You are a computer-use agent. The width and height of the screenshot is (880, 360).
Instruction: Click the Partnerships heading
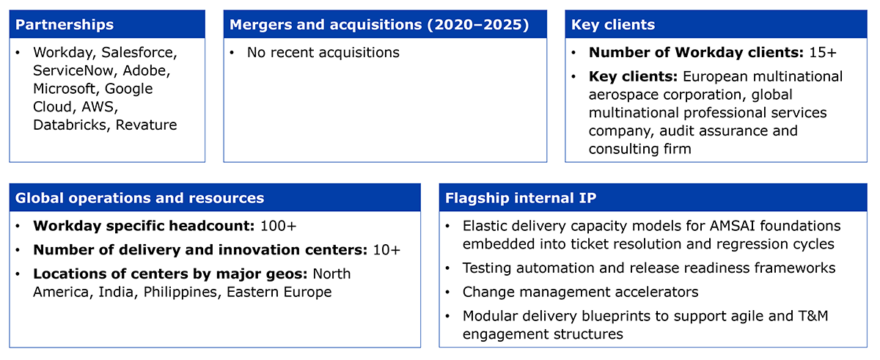pos(65,25)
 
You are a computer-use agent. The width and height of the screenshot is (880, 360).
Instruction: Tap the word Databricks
pos(70,125)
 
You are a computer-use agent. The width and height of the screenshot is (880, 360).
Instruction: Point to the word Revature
pos(146,125)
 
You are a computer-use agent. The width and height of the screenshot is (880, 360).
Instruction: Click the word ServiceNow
pos(73,70)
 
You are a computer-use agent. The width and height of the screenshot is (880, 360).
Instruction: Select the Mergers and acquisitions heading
pos(379,25)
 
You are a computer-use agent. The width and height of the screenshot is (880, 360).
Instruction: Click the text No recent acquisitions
pos(323,53)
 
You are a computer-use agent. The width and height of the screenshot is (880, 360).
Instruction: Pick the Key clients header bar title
pos(613,25)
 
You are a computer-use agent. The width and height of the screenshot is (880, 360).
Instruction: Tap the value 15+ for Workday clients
pos(823,53)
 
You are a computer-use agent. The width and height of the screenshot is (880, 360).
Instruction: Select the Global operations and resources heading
pos(139,198)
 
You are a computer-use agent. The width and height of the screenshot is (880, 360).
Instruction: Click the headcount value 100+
pos(278,226)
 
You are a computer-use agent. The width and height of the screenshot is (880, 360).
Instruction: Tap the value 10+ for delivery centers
pos(386,250)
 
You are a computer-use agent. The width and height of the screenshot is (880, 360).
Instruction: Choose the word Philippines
pos(180,293)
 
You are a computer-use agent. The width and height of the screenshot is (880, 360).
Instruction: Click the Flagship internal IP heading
pos(521,198)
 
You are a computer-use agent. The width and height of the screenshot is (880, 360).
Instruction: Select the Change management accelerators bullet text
pos(580,293)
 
